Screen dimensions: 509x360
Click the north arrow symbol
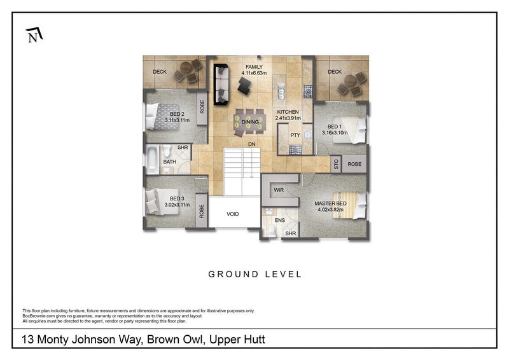click(34, 35)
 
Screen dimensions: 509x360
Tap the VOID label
click(233, 214)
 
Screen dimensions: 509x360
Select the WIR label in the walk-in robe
click(279, 190)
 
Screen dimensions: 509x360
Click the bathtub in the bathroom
click(152, 160)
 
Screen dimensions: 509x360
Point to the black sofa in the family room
click(221, 84)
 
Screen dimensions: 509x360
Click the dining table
click(249, 122)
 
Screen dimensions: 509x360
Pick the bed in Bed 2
click(163, 116)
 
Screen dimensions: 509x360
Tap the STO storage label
click(336, 164)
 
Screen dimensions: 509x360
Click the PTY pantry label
click(295, 135)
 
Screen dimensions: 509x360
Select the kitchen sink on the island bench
click(281, 92)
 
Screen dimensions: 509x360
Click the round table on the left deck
click(186, 68)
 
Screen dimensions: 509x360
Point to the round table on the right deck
click(351, 81)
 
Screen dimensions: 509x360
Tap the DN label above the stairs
click(252, 144)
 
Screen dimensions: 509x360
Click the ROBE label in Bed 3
click(202, 211)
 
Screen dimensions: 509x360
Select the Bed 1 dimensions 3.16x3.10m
click(335, 133)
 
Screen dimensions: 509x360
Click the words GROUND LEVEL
click(255, 274)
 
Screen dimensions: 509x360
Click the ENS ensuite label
click(280, 221)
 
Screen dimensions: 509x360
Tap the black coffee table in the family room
click(244, 85)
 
